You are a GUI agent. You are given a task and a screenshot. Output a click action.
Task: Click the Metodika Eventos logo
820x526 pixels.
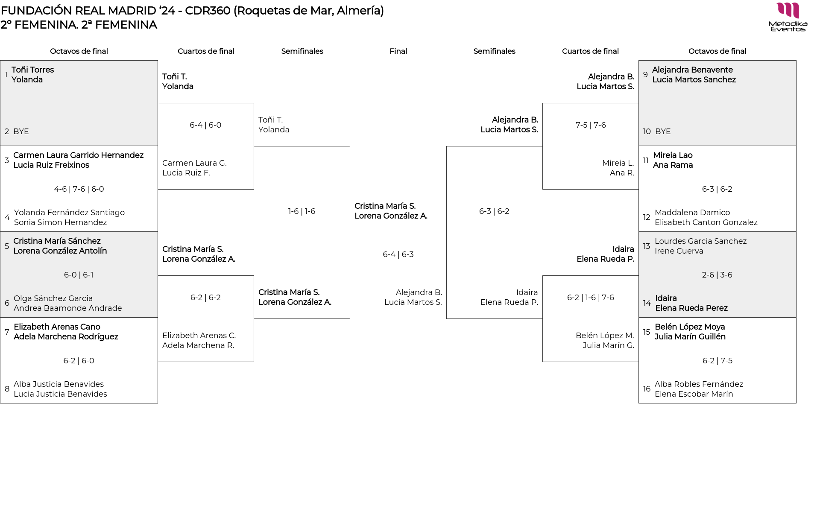[x=788, y=17]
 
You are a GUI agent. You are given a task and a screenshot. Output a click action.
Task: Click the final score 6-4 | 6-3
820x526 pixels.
[x=398, y=254]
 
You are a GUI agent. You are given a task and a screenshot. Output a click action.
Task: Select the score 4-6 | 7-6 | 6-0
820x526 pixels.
[x=79, y=189]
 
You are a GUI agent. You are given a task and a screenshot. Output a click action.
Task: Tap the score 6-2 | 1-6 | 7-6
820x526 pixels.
[x=590, y=298]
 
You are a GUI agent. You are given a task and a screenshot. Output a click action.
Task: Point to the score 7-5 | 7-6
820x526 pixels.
[x=590, y=125]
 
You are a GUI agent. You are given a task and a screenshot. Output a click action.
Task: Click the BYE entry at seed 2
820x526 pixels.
[x=21, y=131]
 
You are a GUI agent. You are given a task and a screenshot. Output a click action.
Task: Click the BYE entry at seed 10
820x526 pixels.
[x=663, y=131]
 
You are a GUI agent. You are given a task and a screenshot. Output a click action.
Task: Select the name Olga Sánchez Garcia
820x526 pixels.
[x=53, y=298]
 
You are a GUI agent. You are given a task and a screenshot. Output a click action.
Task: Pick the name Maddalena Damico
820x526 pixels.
[x=692, y=213]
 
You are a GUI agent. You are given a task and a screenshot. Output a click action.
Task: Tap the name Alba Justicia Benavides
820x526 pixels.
[x=59, y=384]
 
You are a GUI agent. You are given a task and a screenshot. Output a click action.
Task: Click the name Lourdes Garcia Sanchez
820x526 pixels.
[x=700, y=241]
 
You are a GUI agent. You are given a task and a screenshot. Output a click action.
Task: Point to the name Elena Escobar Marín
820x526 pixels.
[x=694, y=394]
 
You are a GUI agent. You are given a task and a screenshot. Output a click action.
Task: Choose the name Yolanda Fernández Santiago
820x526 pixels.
[x=69, y=213]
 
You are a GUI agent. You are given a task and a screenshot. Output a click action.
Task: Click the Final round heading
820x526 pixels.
[x=398, y=51]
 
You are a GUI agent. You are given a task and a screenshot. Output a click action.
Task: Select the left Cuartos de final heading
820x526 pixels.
[x=206, y=51]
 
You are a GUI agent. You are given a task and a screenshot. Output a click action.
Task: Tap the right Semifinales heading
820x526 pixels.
[x=494, y=51]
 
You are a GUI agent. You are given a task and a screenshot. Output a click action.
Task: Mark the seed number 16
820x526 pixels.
[x=647, y=389]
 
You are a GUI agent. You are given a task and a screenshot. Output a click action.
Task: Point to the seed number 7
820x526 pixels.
[x=7, y=332]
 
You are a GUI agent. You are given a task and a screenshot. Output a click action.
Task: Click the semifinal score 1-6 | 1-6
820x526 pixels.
[x=302, y=211]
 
